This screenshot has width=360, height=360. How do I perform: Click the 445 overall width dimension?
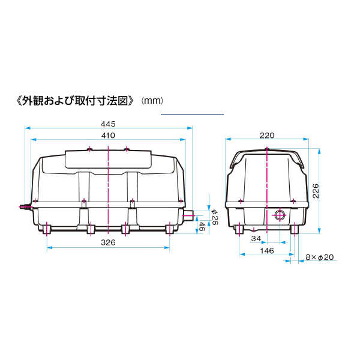click(x=108, y=124)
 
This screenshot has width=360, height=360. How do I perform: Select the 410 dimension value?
click(x=108, y=136)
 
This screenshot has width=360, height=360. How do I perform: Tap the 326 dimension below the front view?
click(x=108, y=242)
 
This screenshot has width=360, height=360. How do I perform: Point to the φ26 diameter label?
click(x=214, y=215)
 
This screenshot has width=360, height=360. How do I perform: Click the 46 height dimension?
click(x=202, y=226)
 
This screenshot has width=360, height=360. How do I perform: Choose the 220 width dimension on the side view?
click(x=267, y=135)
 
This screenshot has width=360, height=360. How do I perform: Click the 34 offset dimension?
click(x=256, y=239)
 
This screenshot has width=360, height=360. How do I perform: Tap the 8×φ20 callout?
click(x=319, y=257)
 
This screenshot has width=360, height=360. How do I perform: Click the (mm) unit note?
click(x=152, y=100)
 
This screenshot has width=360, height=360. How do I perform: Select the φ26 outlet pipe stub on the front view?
click(x=188, y=215)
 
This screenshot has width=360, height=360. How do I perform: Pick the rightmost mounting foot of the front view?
click(x=170, y=229)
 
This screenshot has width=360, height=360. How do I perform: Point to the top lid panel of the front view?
click(x=108, y=158)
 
